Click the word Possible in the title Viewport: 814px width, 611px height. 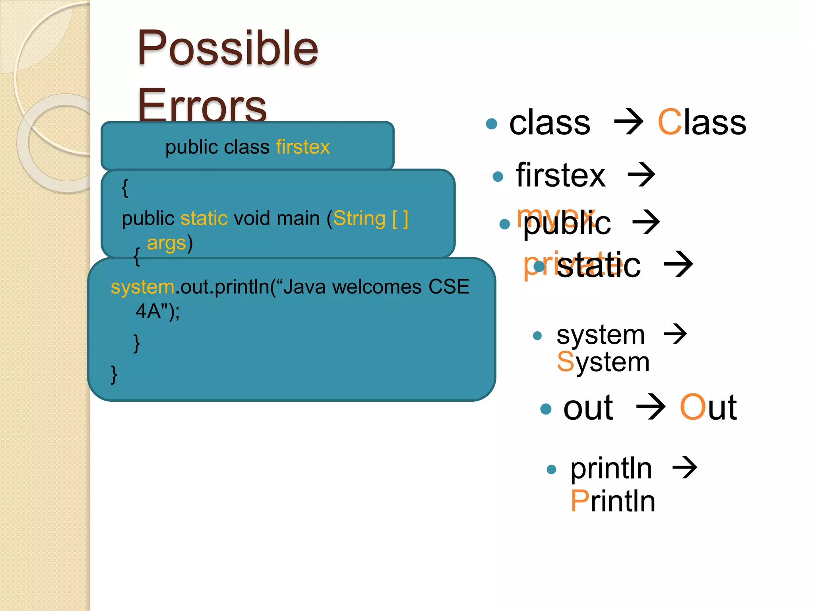(227, 49)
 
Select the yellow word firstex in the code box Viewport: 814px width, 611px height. (303, 147)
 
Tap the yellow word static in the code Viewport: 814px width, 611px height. (204, 218)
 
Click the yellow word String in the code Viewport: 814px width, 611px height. (359, 218)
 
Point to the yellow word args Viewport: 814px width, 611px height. (166, 243)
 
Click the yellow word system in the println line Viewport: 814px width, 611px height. (142, 287)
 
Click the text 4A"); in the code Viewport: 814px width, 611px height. (158, 311)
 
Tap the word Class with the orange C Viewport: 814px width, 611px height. (702, 123)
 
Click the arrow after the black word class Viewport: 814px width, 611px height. (628, 123)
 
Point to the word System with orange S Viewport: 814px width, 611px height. (603, 362)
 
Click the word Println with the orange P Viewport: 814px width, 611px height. (612, 501)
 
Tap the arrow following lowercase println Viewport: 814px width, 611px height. (684, 468)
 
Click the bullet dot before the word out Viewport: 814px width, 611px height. (546, 409)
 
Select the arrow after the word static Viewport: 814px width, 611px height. (678, 264)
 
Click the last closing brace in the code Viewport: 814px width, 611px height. (114, 374)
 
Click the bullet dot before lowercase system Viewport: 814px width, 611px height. (537, 336)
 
